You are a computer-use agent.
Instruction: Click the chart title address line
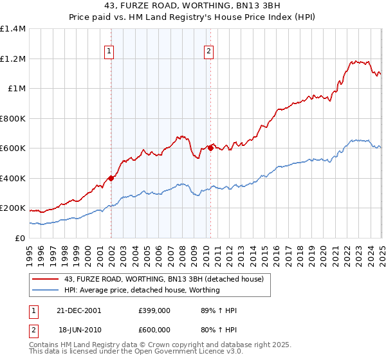193,6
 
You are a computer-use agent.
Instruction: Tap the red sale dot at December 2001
111,179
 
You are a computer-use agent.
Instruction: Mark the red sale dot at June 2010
210,148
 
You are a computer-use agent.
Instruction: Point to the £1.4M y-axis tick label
14,29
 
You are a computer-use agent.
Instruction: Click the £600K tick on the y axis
14,148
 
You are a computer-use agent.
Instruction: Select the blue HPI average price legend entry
142,290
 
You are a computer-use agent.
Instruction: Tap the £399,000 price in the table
154,310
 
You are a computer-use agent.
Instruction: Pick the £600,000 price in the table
154,330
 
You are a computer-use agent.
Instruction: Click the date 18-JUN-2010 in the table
80,330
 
